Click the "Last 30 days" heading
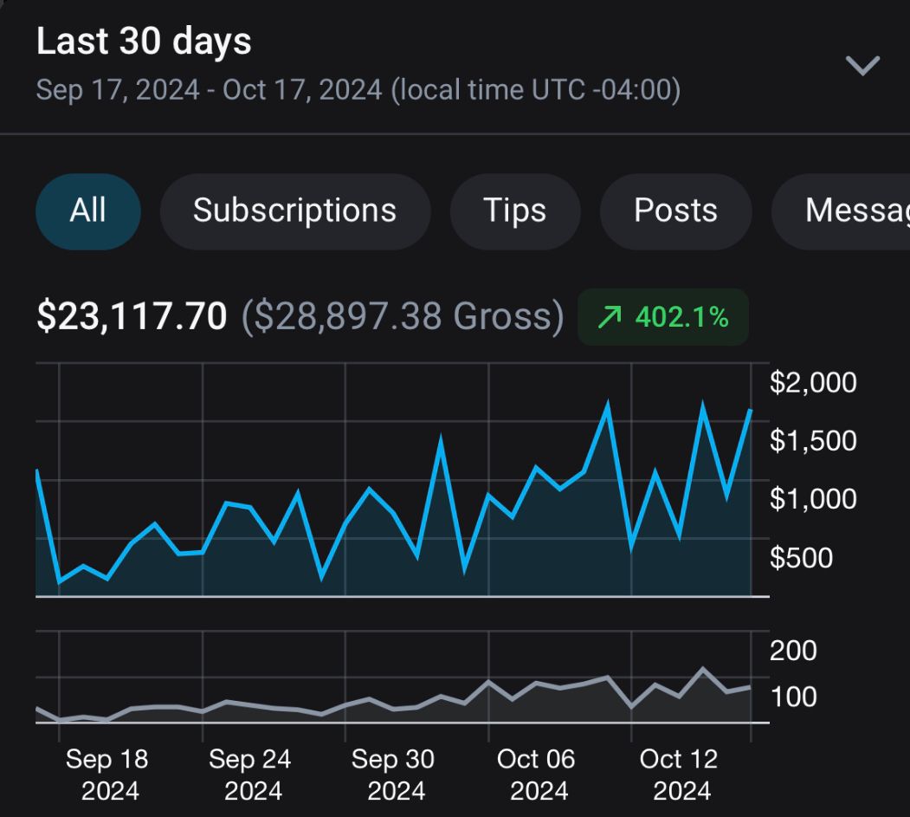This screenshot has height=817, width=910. pos(144,42)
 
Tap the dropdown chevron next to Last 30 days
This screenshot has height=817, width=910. pos(862,66)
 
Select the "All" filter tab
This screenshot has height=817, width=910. pos(87,211)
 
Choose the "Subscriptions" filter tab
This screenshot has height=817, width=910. pos(294,211)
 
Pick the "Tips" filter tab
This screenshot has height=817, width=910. pos(515,211)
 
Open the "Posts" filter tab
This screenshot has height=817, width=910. pos(675,211)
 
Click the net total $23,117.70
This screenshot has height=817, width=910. pos(132,317)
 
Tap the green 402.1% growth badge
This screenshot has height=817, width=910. pos(663,317)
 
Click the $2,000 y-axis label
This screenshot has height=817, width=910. pos(813,382)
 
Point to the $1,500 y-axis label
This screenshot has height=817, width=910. pos(813,441)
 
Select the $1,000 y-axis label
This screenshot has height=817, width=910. pos(813,499)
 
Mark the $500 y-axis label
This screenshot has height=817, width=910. pos(802,557)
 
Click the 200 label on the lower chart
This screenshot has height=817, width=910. pos(793,650)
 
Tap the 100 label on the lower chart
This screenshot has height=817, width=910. pos(793,697)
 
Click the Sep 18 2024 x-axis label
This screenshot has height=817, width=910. pos(107,775)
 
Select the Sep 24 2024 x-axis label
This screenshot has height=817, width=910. pos(250,775)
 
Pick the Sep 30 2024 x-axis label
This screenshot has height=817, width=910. pos(393,775)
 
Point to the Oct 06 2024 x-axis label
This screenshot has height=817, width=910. pos(536,775)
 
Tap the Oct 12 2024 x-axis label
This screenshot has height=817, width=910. pos(679,775)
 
